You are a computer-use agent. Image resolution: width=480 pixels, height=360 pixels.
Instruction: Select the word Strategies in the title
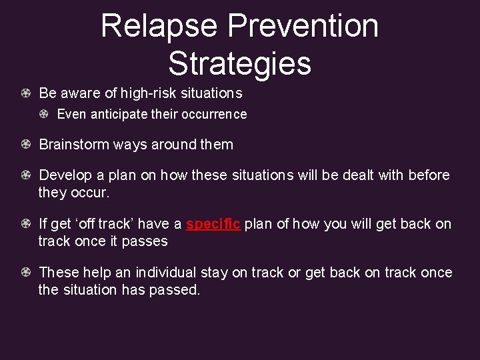(239, 63)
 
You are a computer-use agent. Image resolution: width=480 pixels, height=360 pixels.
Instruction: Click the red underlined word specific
(213, 224)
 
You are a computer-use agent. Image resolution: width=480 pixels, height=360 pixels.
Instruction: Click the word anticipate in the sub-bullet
(118, 114)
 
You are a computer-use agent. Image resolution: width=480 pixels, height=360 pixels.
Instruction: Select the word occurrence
(213, 114)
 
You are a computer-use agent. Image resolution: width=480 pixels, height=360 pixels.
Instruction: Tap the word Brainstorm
(74, 145)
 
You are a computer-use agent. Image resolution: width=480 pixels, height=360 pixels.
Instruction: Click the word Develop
(66, 175)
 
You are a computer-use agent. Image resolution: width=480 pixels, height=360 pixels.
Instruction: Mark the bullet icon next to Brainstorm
(25, 145)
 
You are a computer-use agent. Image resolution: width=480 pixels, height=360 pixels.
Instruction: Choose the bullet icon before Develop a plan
(25, 175)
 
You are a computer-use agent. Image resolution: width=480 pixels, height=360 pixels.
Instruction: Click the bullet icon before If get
(25, 224)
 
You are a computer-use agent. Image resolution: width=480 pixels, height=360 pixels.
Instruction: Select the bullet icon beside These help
(25, 273)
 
